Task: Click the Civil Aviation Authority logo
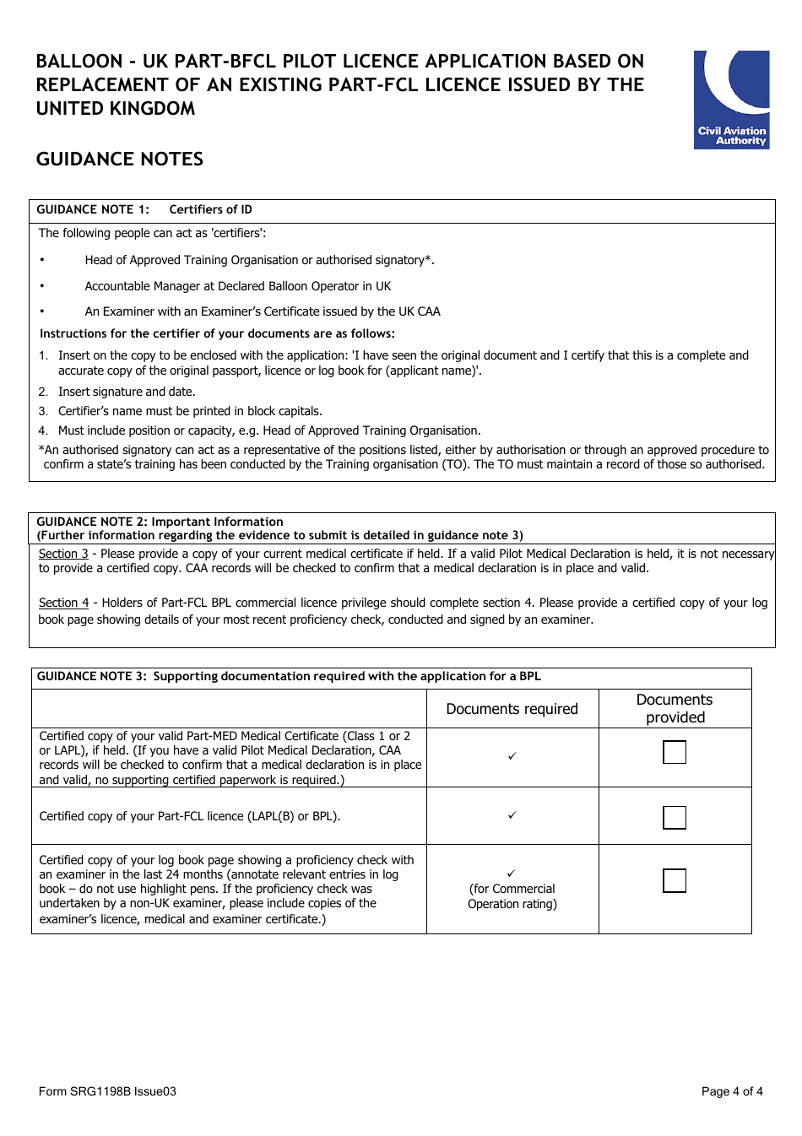[x=731, y=100]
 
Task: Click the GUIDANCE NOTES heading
[x=120, y=160]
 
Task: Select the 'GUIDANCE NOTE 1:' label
[x=93, y=210]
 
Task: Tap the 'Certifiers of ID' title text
[x=210, y=210]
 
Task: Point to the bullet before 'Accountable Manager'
[x=42, y=286]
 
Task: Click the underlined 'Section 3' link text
[x=63, y=554]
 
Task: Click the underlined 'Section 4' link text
[x=63, y=603]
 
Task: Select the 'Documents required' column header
[x=512, y=709]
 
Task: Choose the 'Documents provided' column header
[x=675, y=709]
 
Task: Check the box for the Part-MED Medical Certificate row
[x=675, y=752]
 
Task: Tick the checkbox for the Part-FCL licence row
[x=675, y=817]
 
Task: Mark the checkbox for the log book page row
[x=675, y=880]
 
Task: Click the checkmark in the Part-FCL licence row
[x=512, y=815]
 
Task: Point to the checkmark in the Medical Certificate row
[x=512, y=756]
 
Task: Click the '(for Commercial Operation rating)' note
[x=512, y=896]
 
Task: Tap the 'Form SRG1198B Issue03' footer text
[x=107, y=1091]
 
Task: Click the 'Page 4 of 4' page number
[x=732, y=1091]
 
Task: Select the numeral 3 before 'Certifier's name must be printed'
[x=42, y=412]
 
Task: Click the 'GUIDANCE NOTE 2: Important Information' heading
[x=160, y=522]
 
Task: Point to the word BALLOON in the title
[x=79, y=62]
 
